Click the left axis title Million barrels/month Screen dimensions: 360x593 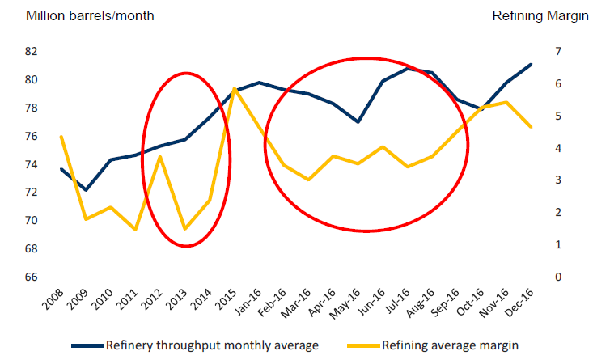tap(78, 16)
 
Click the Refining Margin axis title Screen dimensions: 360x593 tap(540, 16)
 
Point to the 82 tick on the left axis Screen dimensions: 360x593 tap(32, 52)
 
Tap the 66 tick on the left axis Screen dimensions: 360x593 tap(32, 277)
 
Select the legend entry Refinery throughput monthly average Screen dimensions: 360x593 tap(212, 345)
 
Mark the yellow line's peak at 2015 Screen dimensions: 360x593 tap(235, 88)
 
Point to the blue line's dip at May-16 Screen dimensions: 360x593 tap(358, 122)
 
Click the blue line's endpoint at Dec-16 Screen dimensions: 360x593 tap(531, 64)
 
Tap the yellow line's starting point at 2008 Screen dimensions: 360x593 tap(61, 137)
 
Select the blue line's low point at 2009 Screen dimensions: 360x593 tap(87, 190)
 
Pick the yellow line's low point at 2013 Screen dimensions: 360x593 tap(185, 229)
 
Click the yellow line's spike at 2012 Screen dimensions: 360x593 tap(161, 156)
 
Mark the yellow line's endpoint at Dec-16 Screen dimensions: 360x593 tap(531, 127)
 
